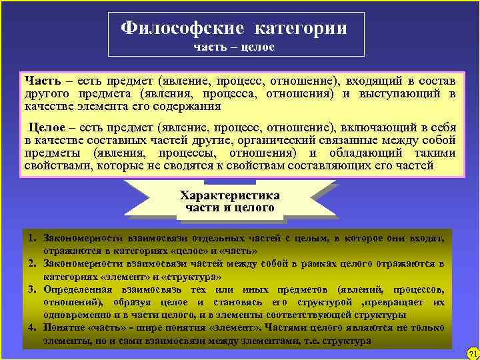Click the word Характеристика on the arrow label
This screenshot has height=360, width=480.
point(230,195)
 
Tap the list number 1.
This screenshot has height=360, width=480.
point(31,237)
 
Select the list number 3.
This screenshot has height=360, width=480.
point(31,289)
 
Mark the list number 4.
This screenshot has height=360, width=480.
point(31,327)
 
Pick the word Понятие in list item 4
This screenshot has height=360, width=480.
point(63,327)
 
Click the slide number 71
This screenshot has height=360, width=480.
point(473,353)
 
